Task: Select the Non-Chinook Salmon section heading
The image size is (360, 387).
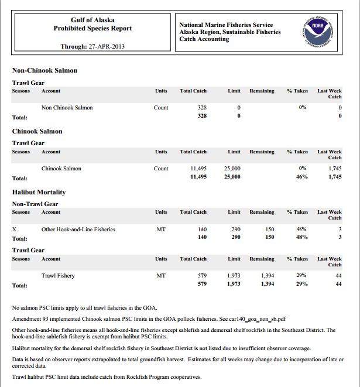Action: (x=44, y=70)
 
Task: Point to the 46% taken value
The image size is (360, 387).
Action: (x=302, y=177)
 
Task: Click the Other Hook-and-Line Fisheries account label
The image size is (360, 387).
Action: (x=78, y=230)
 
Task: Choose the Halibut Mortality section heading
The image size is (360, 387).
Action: (x=39, y=192)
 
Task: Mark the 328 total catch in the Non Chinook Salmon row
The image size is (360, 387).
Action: (x=201, y=108)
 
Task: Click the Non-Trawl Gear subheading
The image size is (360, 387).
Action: (x=35, y=204)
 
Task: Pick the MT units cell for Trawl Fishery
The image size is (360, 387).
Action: (x=161, y=275)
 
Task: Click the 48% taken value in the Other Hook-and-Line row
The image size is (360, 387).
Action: (x=302, y=230)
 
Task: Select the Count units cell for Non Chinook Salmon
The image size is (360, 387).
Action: (x=161, y=108)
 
